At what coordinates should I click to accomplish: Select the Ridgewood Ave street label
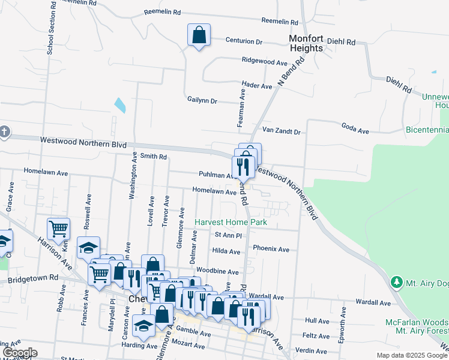point(265,61)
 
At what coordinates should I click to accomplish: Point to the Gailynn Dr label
point(202,101)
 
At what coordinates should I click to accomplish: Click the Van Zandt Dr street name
point(281,130)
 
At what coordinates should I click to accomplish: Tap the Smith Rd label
point(154,156)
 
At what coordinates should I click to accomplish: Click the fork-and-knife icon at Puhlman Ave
point(243,166)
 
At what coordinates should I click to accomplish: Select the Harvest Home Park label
point(231,222)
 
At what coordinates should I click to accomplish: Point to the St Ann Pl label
point(228,235)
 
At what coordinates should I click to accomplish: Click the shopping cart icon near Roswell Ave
point(58,229)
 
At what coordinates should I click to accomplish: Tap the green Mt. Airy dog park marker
point(396,281)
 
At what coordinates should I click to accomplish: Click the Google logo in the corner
point(19,353)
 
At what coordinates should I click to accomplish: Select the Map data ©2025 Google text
point(411,355)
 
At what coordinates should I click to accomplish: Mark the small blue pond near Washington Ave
point(120,105)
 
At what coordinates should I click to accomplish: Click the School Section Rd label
point(50,28)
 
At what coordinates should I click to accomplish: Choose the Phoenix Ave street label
point(271,249)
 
